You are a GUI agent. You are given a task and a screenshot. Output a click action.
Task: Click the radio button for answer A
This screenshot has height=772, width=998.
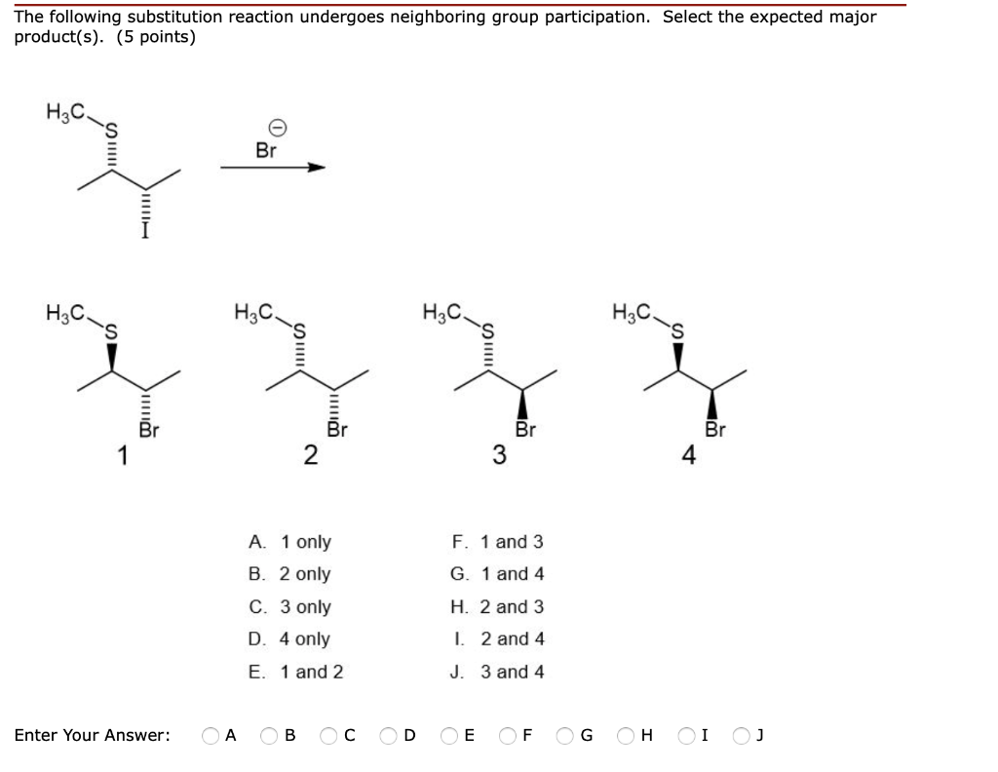click(210, 735)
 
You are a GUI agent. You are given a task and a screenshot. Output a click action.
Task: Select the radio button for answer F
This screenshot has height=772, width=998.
click(510, 735)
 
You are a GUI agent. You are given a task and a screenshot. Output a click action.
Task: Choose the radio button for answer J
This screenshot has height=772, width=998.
click(747, 735)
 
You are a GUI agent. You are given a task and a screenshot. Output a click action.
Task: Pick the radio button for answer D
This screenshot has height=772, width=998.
click(389, 735)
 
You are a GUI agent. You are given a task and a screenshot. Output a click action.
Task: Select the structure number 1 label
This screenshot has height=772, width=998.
click(122, 454)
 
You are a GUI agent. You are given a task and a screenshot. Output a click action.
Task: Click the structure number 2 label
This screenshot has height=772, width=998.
click(309, 454)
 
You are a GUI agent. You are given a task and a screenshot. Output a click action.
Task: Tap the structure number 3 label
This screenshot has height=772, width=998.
click(498, 454)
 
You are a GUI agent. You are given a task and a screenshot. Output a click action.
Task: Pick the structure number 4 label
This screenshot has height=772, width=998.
click(688, 454)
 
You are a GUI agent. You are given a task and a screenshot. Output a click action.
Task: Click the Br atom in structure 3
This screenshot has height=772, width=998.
click(525, 430)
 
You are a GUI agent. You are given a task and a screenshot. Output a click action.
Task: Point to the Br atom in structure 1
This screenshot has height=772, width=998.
click(147, 430)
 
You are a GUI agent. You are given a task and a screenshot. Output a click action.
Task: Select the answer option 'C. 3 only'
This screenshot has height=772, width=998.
click(289, 606)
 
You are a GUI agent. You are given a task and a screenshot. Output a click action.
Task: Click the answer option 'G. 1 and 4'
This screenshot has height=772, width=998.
click(497, 574)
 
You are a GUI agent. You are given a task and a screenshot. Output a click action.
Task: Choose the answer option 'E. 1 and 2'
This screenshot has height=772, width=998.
click(295, 672)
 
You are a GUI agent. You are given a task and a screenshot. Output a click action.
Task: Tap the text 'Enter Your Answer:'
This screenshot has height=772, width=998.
click(92, 735)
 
